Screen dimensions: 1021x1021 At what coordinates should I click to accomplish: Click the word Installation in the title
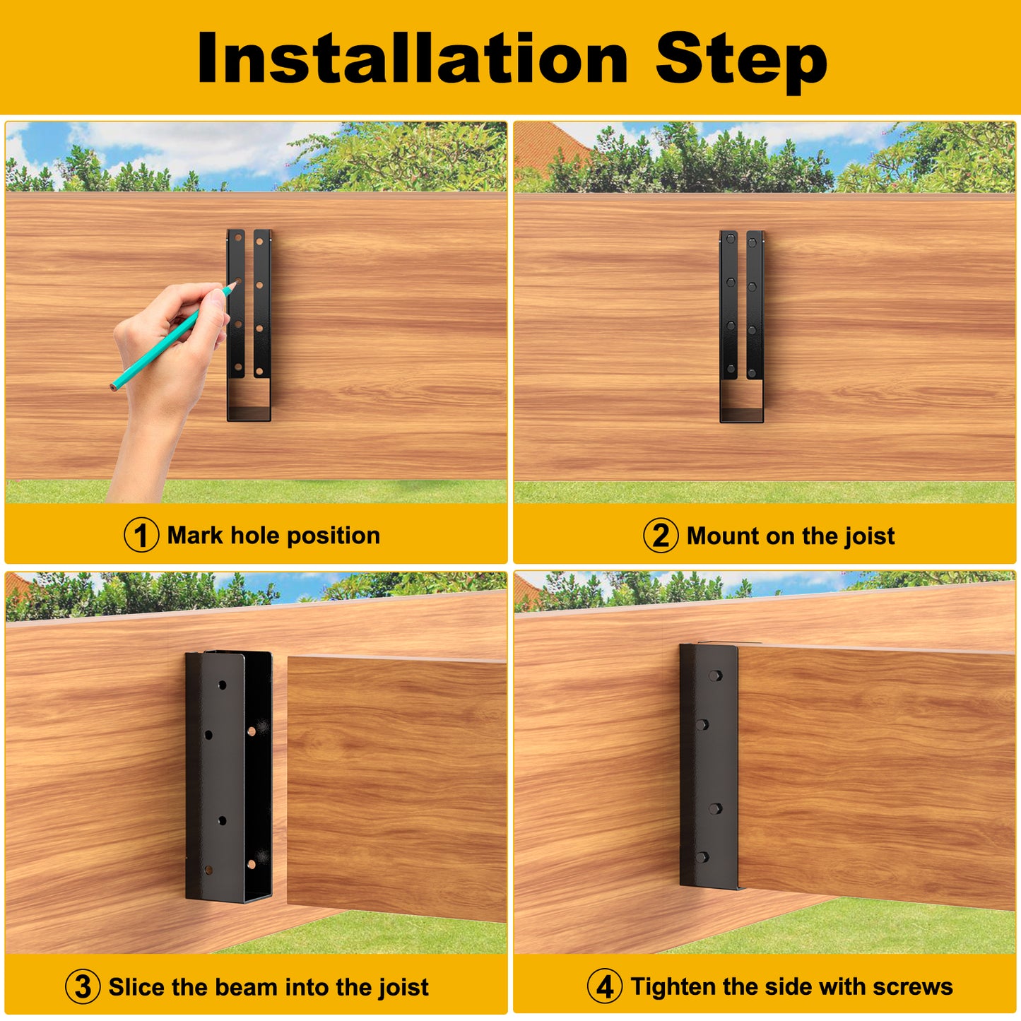pos(412,58)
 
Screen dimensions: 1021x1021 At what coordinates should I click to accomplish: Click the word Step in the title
pos(741,62)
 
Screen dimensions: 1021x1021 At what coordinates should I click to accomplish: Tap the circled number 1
pos(141,535)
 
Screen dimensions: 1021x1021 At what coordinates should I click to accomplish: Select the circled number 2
pos(661,536)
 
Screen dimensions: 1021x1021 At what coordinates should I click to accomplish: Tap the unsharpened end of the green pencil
pos(113,386)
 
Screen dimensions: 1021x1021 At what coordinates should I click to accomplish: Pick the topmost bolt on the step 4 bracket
pos(715,675)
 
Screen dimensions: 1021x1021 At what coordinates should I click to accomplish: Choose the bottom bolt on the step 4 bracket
pos(702,857)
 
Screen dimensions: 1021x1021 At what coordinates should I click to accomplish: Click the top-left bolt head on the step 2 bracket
pos(731,239)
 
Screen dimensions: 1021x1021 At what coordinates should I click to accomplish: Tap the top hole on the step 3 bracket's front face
pos(223,685)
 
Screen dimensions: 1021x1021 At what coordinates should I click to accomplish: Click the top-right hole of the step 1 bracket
pos(259,242)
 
